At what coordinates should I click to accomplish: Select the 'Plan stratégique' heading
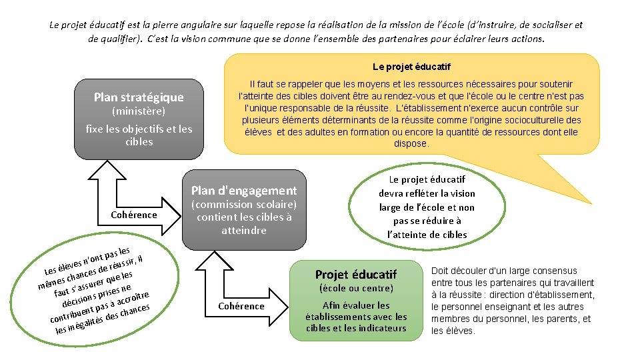coord(139,97)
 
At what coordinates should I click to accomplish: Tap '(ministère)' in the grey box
coord(139,111)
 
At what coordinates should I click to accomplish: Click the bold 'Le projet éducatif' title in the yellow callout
coord(411,67)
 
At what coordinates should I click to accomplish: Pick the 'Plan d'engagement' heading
coord(244,190)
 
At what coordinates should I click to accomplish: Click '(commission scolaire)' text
coord(244,204)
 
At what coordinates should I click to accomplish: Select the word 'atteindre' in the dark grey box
coord(244,230)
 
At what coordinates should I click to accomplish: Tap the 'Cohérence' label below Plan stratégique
coord(134,215)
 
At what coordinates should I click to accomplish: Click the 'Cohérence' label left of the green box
coord(241,306)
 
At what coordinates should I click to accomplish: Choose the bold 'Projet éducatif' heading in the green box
coord(356,275)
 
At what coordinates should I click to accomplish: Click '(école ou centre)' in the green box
coord(357,288)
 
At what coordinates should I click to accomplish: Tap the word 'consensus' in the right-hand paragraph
coord(553,271)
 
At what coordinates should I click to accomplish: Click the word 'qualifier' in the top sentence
coord(113,39)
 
